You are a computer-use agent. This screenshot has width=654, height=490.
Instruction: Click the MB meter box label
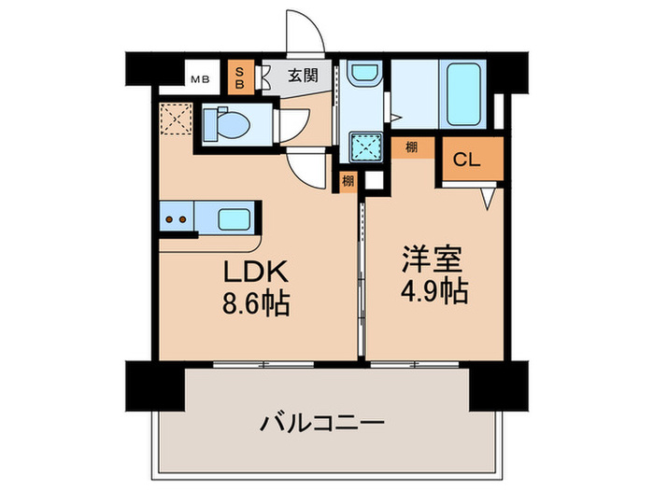click(x=201, y=78)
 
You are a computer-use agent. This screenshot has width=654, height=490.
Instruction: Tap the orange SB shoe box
click(x=240, y=77)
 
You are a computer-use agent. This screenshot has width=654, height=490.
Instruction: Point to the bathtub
click(x=462, y=93)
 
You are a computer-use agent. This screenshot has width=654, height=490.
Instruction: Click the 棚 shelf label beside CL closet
click(x=412, y=146)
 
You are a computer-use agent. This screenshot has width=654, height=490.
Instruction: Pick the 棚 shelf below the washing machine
click(x=348, y=181)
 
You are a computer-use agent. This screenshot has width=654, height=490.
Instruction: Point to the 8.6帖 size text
click(x=252, y=304)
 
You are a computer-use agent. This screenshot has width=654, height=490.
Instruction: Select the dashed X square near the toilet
click(x=174, y=120)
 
